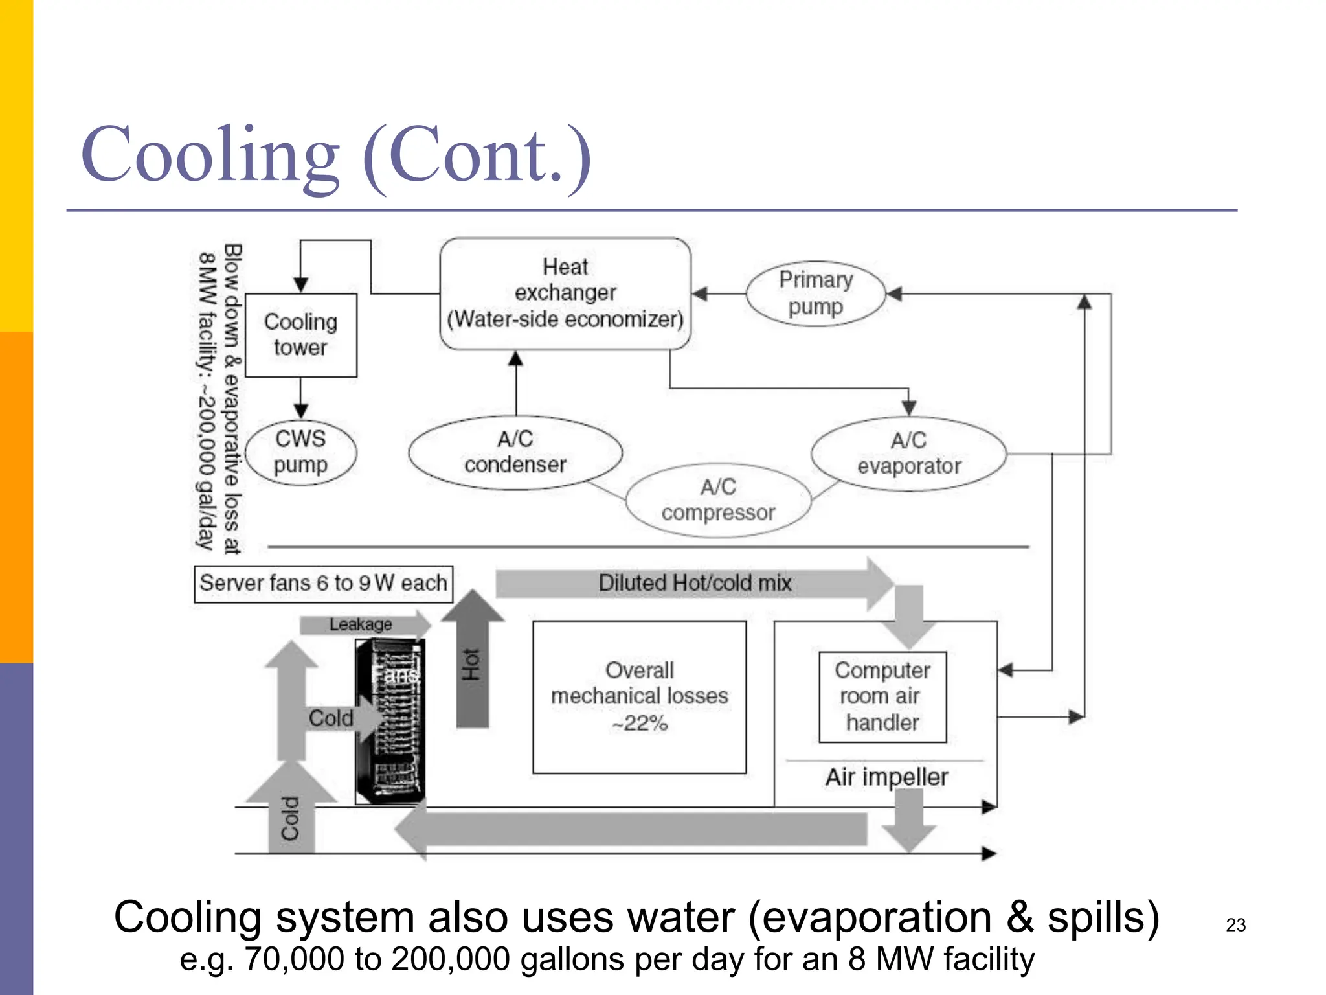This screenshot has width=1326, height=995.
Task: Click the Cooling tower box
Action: (301, 335)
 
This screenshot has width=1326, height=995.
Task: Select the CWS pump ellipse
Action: (301, 452)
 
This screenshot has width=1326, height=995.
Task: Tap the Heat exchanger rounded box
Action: (565, 293)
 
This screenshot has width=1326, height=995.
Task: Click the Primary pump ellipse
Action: (815, 293)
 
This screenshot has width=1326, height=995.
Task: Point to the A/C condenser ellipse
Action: (515, 452)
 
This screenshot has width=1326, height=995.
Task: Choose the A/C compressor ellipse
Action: (718, 500)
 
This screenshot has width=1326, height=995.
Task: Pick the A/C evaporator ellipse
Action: (908, 453)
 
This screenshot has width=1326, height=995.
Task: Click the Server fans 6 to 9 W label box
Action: (323, 584)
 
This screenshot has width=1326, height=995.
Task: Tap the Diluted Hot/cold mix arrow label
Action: (695, 583)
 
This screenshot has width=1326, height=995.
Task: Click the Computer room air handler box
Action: (882, 697)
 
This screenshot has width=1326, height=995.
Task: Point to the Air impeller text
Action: (886, 777)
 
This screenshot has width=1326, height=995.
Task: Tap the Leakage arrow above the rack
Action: (361, 624)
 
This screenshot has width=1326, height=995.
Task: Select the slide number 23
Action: (1235, 925)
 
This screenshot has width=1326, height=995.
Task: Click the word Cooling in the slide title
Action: (210, 155)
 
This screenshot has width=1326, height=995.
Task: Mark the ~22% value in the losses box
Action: (640, 724)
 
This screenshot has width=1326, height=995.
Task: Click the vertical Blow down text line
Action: (232, 398)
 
